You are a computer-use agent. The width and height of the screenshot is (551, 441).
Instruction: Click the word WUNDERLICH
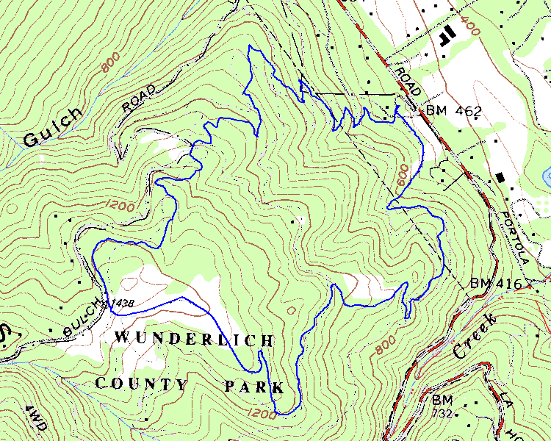(x=195, y=340)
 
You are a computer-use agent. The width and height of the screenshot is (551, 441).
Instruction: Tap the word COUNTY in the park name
(x=142, y=384)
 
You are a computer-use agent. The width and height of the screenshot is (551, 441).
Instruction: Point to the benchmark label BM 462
(x=453, y=112)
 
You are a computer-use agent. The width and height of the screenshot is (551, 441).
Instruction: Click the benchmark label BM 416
(x=494, y=284)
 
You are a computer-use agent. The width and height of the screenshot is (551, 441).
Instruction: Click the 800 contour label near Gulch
(x=111, y=64)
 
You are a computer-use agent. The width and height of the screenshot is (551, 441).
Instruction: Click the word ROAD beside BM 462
(x=407, y=81)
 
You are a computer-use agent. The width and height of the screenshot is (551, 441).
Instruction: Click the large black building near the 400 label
(x=446, y=35)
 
